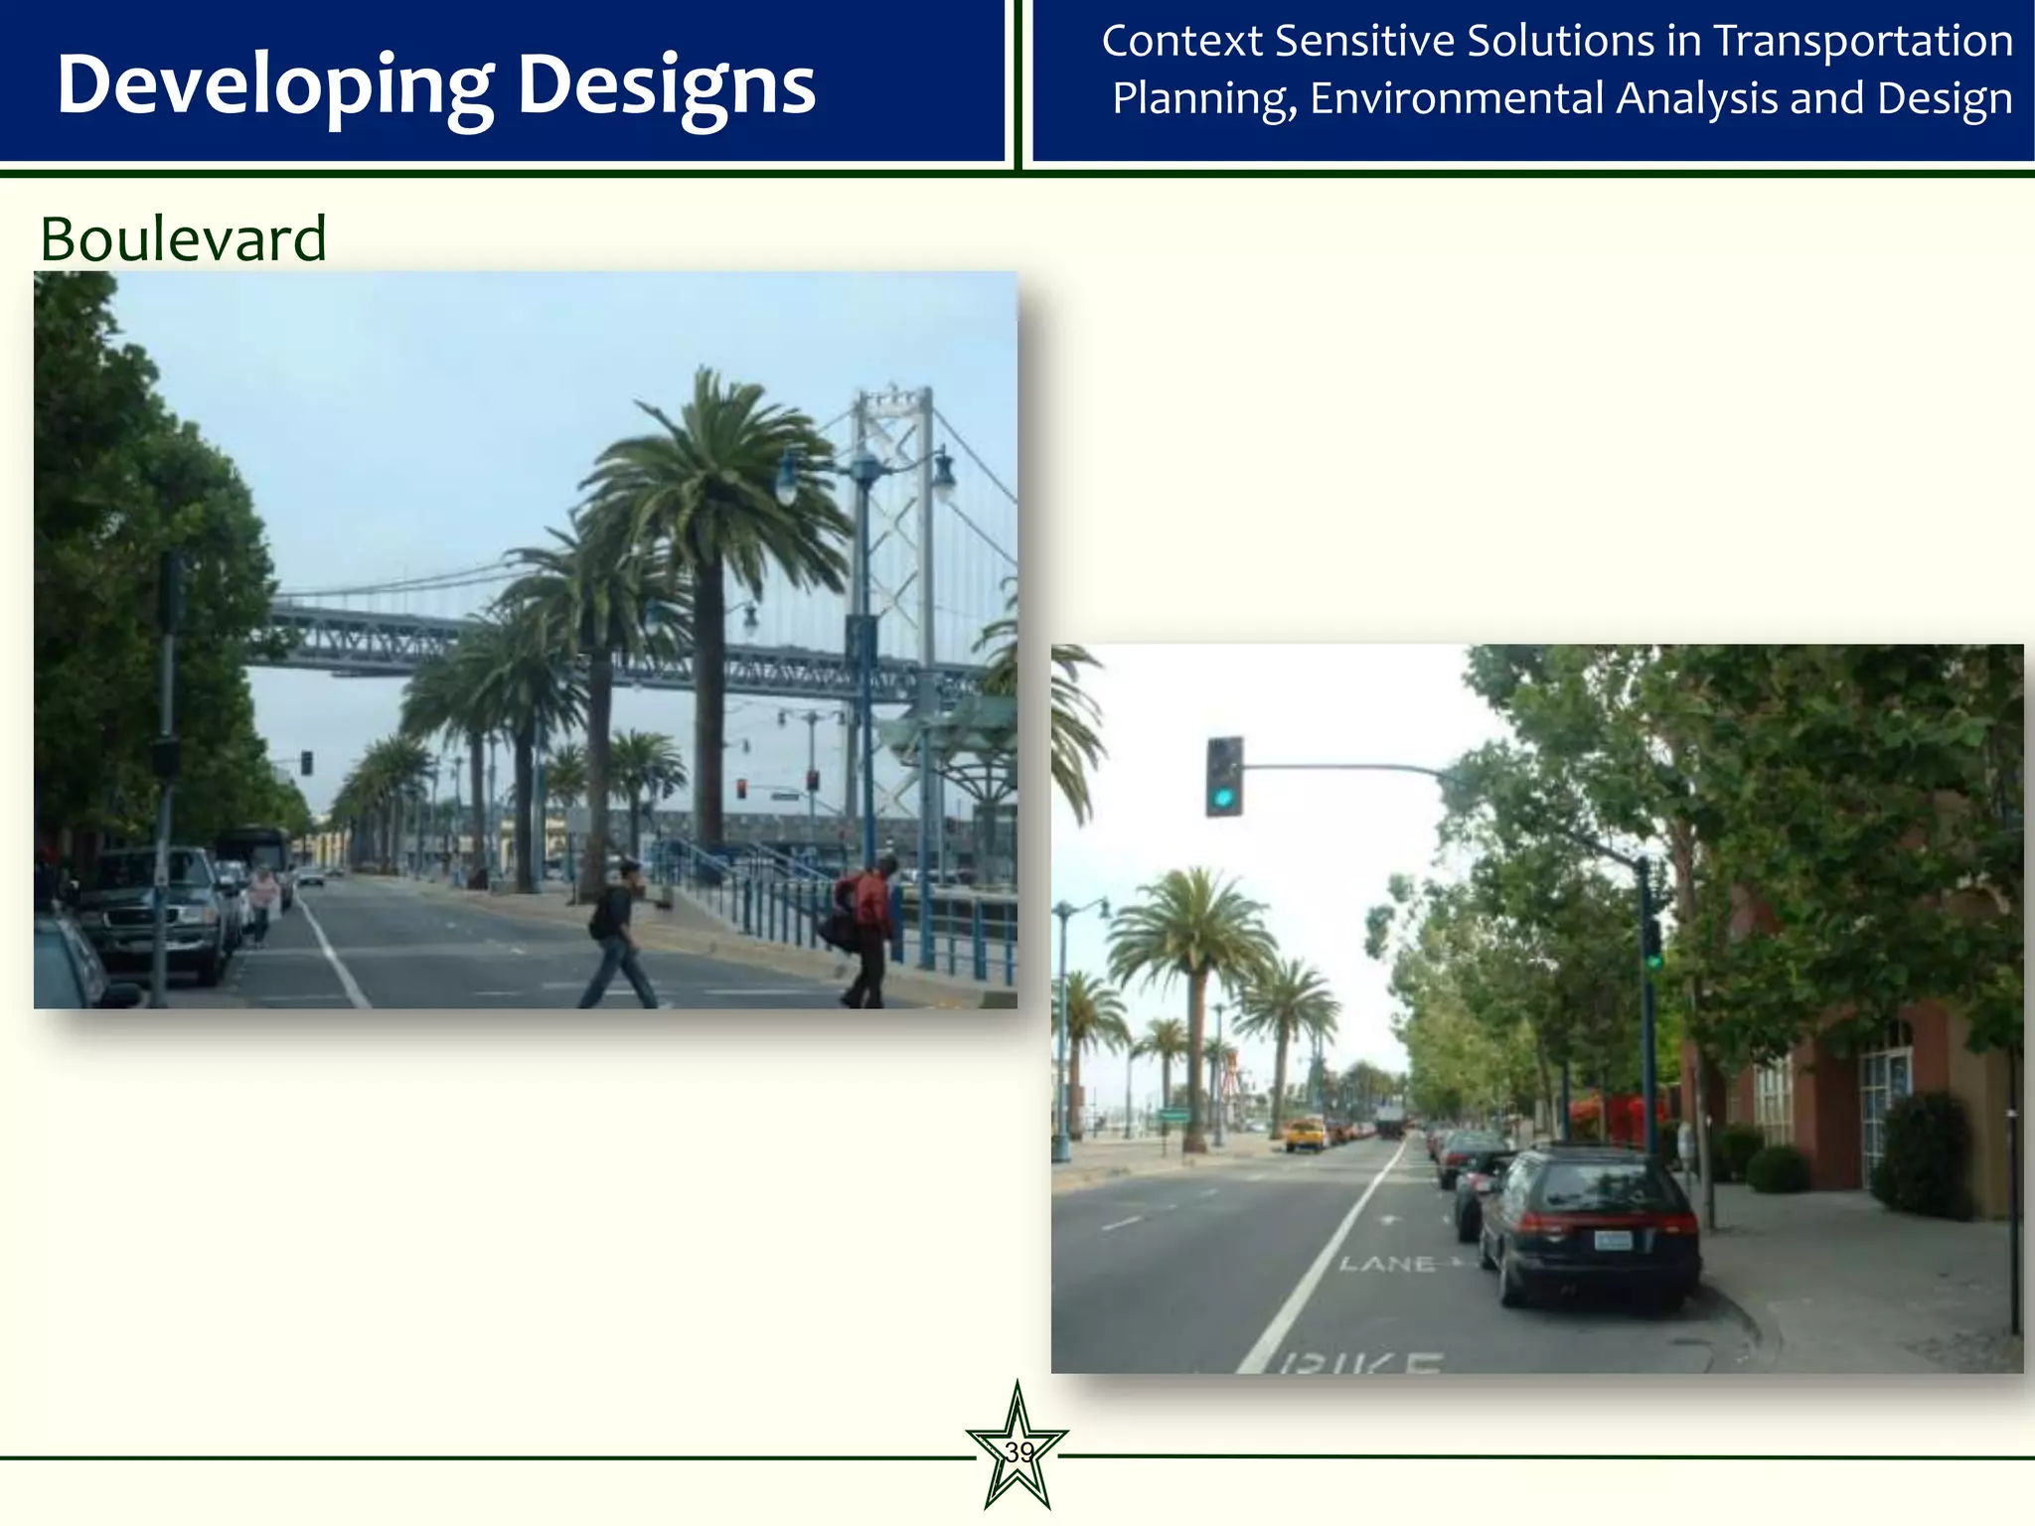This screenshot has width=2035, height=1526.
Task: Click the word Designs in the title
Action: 667,85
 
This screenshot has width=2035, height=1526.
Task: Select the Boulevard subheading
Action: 183,238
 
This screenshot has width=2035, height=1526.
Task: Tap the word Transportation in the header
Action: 1863,42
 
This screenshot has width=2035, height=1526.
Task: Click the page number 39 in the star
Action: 1018,1452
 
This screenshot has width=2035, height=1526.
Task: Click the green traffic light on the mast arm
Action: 1224,778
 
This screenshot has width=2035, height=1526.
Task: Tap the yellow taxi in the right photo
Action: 1306,1134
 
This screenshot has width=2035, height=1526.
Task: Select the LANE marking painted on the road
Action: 1387,1264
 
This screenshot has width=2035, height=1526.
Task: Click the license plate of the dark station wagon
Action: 1613,1240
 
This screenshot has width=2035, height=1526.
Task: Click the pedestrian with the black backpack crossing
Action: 617,934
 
